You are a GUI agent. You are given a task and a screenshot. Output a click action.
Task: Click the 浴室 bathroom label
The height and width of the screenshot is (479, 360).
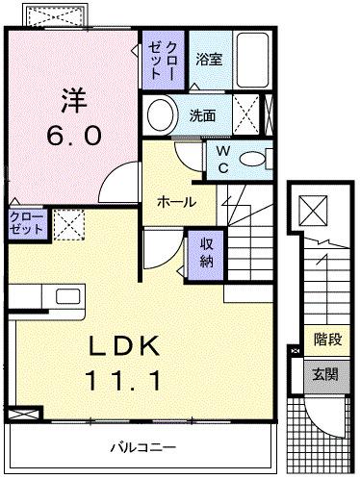[x=208, y=59]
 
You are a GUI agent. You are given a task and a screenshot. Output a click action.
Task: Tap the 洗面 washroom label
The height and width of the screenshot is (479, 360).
[x=201, y=116]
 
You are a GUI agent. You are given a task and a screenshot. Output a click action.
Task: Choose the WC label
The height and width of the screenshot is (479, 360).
[x=222, y=159]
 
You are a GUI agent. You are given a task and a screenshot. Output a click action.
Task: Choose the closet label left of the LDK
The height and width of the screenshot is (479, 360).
[x=25, y=224]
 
